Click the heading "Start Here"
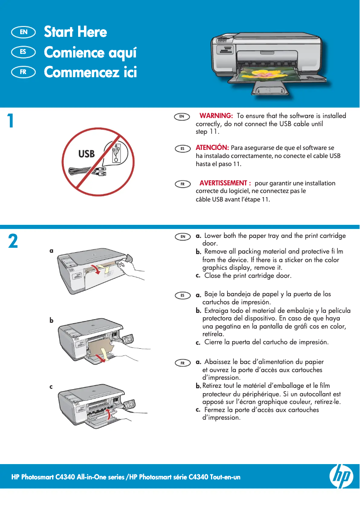point(75,32)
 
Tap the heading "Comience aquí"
point(90,53)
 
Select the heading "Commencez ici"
point(90,72)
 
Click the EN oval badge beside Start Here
point(23,32)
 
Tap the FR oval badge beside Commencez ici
point(23,72)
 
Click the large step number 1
point(11,120)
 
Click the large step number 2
point(13,241)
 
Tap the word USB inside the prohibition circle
point(86,154)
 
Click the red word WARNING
point(216,115)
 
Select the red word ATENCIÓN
point(212,147)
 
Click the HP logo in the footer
point(341,476)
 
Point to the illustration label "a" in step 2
point(51,250)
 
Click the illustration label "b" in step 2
point(51,320)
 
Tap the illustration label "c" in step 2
point(51,386)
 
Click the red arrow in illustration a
point(96,269)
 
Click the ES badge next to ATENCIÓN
point(183,149)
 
